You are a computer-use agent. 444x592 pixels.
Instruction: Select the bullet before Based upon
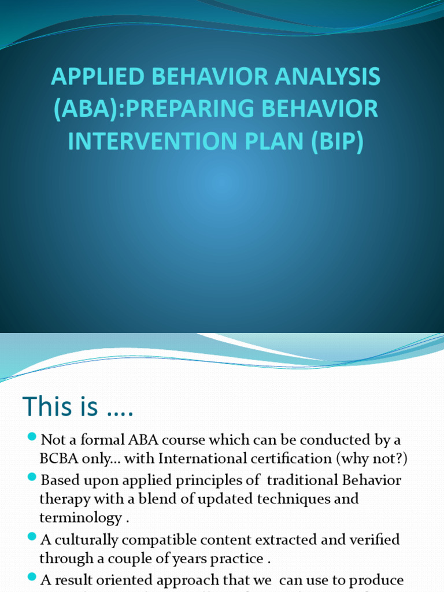tap(32, 479)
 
